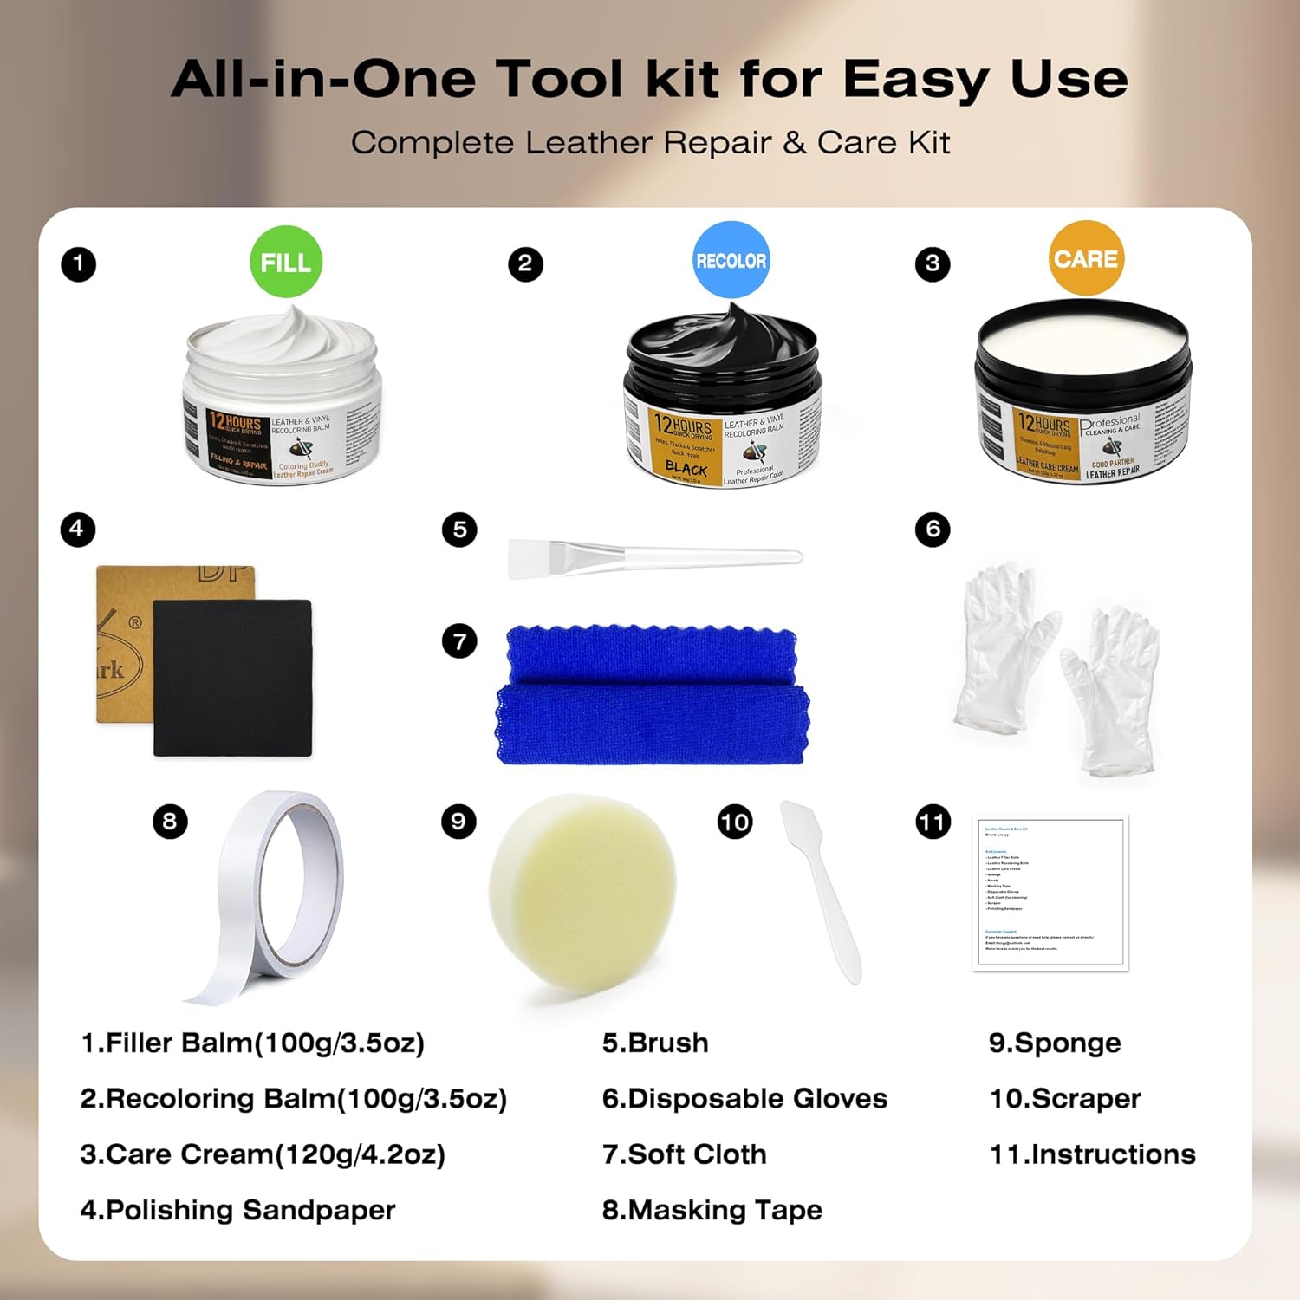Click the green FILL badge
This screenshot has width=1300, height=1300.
pos(286,262)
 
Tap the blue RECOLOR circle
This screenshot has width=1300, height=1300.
pos(731,260)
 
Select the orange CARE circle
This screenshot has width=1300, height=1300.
pos(1086,258)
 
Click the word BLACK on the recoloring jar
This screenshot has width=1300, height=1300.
pos(686,467)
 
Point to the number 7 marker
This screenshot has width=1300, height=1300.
pos(459,641)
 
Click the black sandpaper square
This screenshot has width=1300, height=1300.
pos(232,678)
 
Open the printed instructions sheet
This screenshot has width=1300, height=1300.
pos(1050,893)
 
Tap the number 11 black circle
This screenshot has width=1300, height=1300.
pos(933,822)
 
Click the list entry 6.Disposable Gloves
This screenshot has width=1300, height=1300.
pos(744,1099)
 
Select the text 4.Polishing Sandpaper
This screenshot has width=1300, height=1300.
pos(237,1210)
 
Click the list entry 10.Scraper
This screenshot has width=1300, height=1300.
pos(1065,1099)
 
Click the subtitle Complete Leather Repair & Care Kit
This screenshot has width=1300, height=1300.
pos(650,143)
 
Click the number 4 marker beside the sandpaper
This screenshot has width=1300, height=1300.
pos(77,529)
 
